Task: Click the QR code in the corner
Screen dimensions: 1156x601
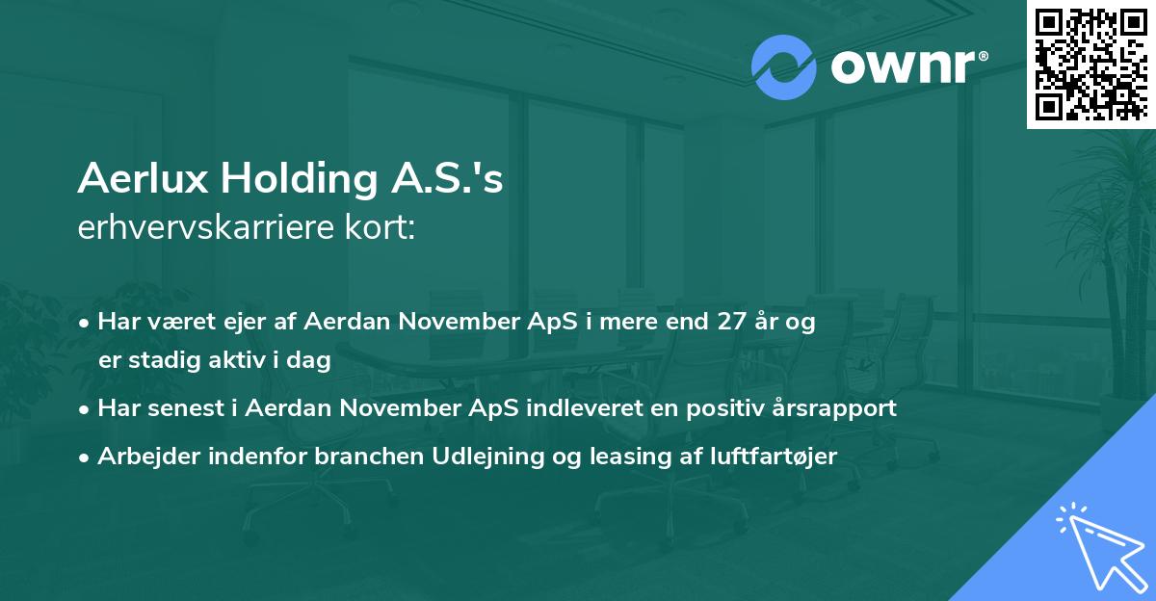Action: click(x=1091, y=65)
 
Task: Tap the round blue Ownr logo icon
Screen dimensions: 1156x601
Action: click(x=784, y=67)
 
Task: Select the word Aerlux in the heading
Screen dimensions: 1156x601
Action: click(x=143, y=178)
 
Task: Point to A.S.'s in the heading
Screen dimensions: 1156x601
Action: click(x=447, y=178)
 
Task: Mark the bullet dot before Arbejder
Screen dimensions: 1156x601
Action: click(x=84, y=457)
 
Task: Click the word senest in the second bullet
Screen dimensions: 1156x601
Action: click(x=189, y=408)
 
